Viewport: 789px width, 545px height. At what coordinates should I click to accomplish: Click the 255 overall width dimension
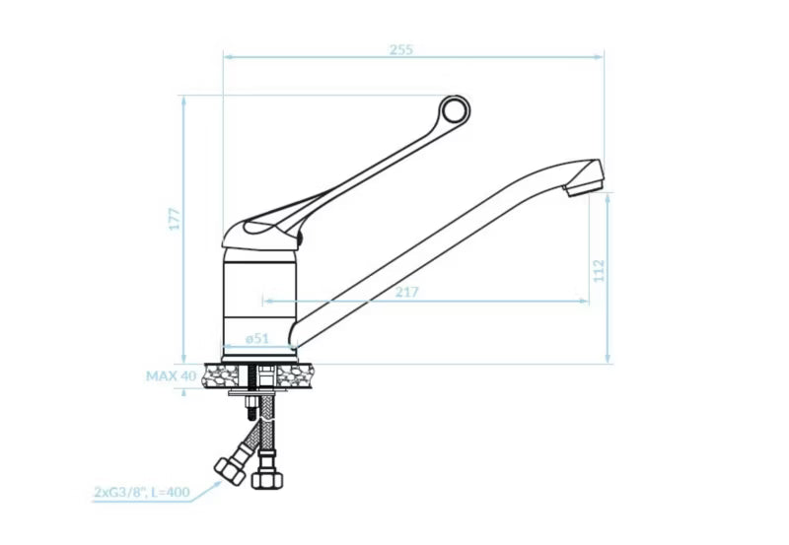click(401, 50)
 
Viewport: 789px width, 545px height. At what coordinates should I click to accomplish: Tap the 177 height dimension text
click(175, 219)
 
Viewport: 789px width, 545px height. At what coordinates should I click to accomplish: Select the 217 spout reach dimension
click(406, 292)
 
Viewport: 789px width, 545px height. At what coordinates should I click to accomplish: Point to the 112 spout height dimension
click(599, 271)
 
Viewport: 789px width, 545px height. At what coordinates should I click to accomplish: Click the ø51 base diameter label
click(257, 338)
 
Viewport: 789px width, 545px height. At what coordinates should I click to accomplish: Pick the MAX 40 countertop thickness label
click(171, 376)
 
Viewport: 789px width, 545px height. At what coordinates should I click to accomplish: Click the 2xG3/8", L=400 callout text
click(142, 492)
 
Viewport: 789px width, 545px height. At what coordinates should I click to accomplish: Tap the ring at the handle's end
click(455, 110)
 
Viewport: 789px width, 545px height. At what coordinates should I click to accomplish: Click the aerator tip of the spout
click(583, 189)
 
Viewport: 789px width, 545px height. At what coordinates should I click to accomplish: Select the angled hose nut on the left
click(230, 471)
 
